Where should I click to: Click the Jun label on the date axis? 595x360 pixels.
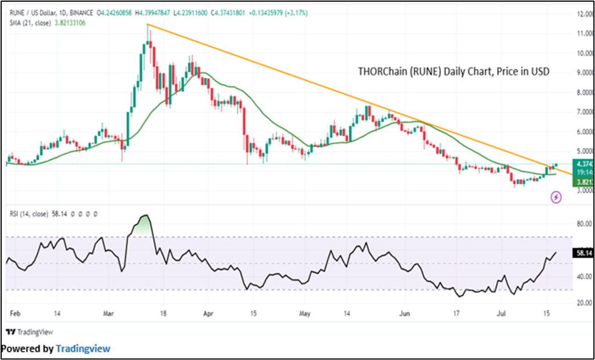405,313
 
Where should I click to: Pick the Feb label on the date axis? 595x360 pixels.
15,313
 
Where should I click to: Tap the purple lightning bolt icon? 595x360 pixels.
556,197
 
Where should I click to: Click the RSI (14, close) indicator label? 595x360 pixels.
28,214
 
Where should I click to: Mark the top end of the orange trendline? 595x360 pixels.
148,24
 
